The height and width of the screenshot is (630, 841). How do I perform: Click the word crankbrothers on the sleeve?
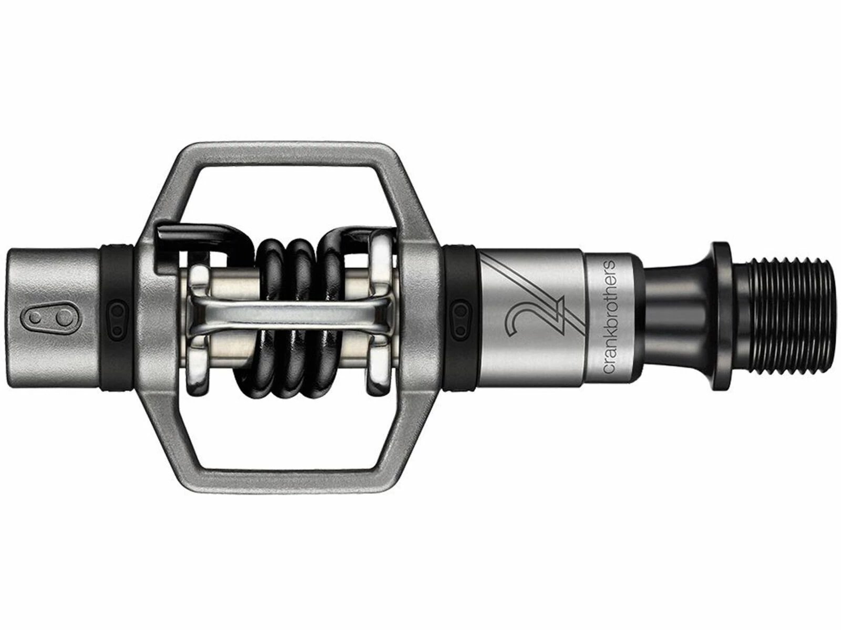tap(611, 317)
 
